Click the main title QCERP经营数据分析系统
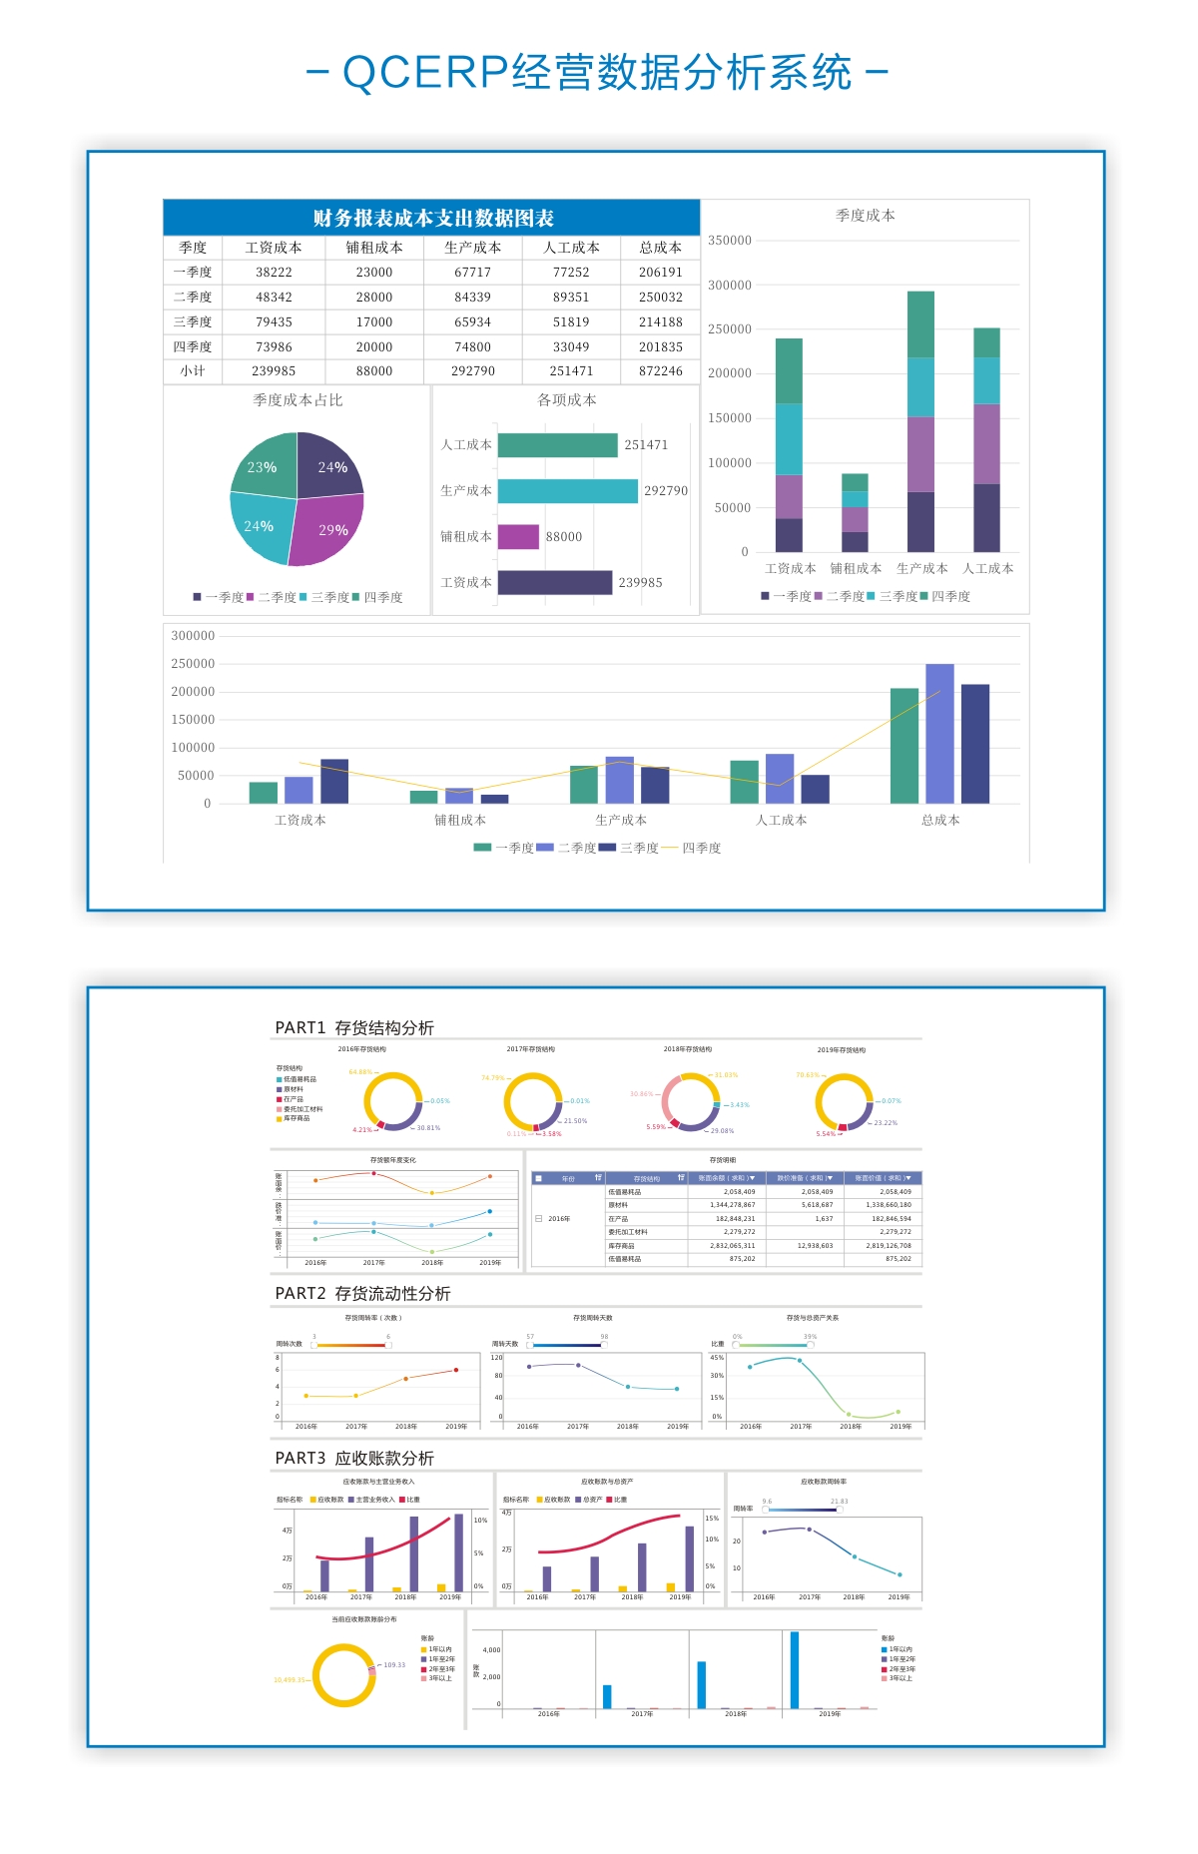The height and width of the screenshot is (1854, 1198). click(x=597, y=73)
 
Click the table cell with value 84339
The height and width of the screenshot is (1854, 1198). click(x=472, y=298)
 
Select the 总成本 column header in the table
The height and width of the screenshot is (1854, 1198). click(x=660, y=248)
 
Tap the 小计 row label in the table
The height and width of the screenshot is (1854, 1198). click(x=193, y=371)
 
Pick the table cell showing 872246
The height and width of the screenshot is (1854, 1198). click(x=660, y=371)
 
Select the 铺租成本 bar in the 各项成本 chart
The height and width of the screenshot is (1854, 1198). click(x=518, y=537)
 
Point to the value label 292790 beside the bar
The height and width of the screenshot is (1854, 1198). click(x=665, y=491)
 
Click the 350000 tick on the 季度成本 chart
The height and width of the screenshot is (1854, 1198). click(x=730, y=241)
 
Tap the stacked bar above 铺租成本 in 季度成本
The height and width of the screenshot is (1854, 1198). click(x=855, y=512)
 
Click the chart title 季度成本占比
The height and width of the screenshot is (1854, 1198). click(x=298, y=400)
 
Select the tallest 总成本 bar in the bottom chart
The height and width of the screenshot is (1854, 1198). click(x=939, y=734)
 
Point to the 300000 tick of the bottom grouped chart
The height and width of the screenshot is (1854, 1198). click(x=193, y=636)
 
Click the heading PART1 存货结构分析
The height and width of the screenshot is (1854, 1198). click(x=354, y=1027)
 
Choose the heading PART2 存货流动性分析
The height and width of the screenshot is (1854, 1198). click(x=362, y=1293)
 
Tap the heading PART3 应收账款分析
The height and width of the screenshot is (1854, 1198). click(x=354, y=1458)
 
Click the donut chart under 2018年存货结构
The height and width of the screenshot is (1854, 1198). click(x=691, y=1102)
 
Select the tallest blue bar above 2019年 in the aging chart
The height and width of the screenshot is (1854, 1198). click(x=795, y=1670)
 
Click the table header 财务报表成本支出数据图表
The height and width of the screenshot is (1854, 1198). click(x=432, y=218)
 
